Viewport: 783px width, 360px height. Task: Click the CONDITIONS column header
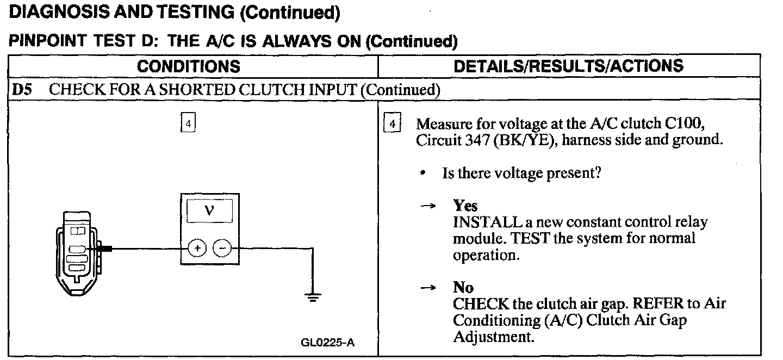click(x=188, y=66)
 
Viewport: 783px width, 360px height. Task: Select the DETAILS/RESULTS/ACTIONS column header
click(x=568, y=66)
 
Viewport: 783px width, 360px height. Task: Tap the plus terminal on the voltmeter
click(x=197, y=249)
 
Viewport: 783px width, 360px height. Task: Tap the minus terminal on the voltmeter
click(x=221, y=249)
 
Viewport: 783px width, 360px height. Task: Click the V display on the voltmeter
click(x=209, y=210)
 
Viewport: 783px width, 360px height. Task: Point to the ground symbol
click(x=313, y=297)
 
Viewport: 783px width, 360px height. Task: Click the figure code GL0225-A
click(x=327, y=343)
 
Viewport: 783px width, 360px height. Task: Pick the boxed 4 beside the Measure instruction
click(x=391, y=123)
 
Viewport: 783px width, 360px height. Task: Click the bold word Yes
click(x=465, y=206)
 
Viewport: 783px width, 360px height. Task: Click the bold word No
click(x=463, y=287)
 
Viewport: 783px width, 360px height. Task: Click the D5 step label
click(x=21, y=89)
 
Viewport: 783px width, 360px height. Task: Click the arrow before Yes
click(x=429, y=206)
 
